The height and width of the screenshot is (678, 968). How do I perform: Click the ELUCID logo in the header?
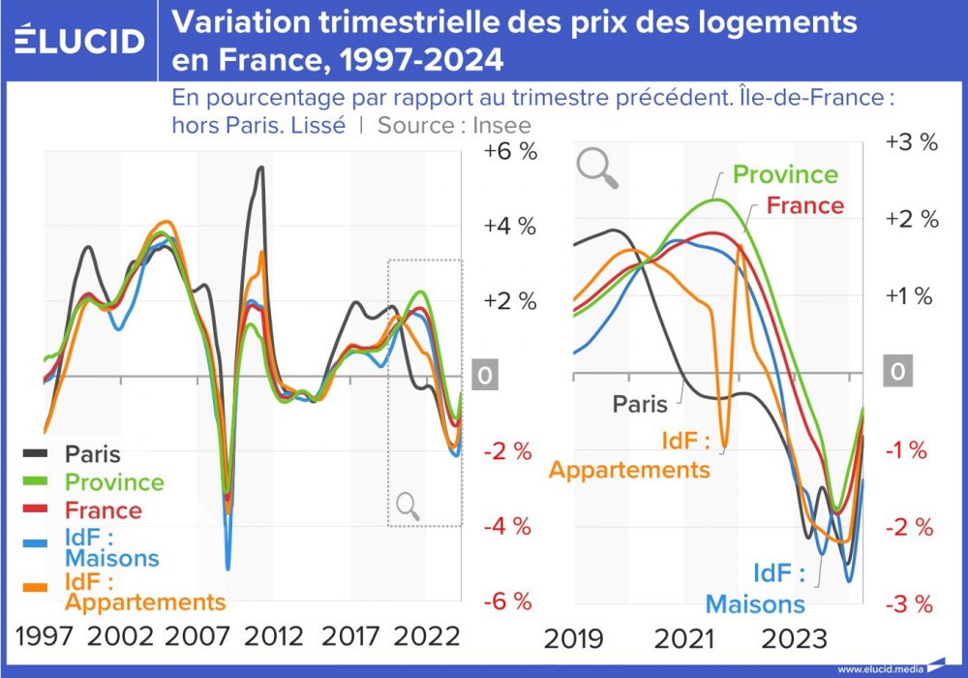(x=80, y=40)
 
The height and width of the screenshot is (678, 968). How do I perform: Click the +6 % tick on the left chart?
(x=509, y=152)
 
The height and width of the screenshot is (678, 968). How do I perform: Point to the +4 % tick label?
(x=509, y=227)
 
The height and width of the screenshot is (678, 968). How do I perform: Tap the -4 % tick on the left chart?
(x=509, y=527)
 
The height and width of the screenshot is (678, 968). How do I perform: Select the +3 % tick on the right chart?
(x=912, y=141)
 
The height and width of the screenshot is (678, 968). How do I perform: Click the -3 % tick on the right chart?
(x=910, y=605)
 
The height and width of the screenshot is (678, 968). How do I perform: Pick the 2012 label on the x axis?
(x=274, y=637)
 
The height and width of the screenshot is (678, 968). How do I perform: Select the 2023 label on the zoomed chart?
(x=795, y=640)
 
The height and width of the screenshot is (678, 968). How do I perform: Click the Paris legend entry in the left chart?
(x=92, y=453)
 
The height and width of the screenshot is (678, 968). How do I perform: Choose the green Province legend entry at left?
(x=114, y=481)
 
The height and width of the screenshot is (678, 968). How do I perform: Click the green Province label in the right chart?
(x=785, y=174)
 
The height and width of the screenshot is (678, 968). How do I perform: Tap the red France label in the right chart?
(x=804, y=205)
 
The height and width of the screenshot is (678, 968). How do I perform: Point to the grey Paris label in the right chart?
(x=640, y=404)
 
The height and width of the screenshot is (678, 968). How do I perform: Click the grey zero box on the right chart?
(x=899, y=373)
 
